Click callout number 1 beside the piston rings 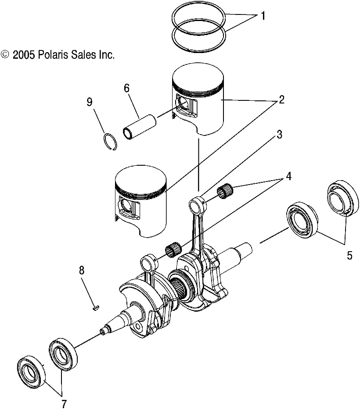point(263,17)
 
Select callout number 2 point(281,100)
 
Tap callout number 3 point(279,135)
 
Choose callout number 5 point(349,255)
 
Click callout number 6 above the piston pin point(126,88)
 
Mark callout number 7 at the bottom point(64,403)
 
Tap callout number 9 point(89,102)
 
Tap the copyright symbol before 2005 point(5,54)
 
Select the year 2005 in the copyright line point(23,55)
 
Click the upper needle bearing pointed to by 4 point(225,192)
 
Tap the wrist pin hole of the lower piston point(126,206)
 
